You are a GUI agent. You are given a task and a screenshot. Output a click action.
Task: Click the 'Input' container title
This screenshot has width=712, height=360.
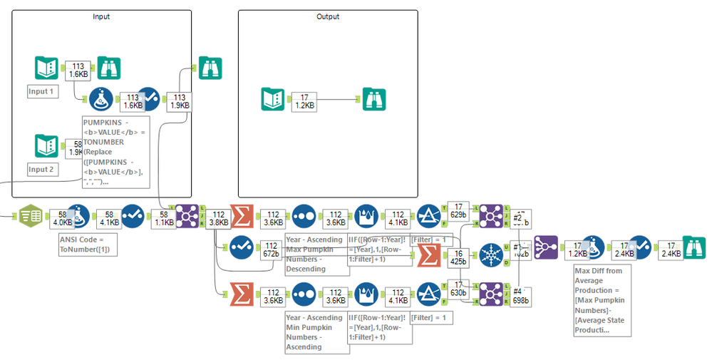101,16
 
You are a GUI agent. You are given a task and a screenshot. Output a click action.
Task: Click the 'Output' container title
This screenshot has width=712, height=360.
328,16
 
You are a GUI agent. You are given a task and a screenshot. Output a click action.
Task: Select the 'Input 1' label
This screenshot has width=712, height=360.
42,91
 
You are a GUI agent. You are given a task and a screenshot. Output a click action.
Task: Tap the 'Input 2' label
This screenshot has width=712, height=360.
42,170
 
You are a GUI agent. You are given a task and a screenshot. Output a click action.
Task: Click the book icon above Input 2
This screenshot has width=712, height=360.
46,145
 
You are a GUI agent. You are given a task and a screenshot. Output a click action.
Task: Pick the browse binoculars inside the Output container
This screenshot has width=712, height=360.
374,99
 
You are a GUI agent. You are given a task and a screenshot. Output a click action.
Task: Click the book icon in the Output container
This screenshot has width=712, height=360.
272,99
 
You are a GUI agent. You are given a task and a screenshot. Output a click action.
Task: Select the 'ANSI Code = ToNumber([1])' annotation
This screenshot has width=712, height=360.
86,245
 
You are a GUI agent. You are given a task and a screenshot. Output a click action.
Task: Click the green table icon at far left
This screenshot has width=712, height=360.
31,215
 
